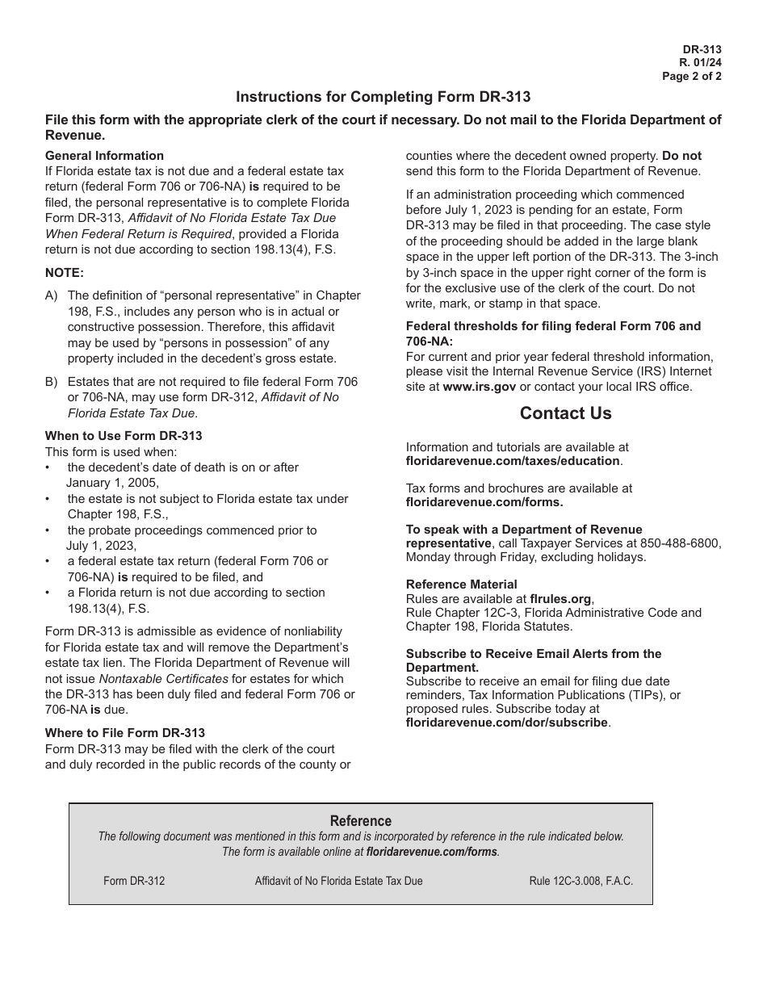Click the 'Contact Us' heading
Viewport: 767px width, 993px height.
click(565, 413)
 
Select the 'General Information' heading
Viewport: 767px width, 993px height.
click(104, 156)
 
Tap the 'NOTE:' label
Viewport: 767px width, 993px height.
click(65, 273)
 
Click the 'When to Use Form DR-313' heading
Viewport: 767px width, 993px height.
click(124, 436)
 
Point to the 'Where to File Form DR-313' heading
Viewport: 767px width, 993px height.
click(125, 733)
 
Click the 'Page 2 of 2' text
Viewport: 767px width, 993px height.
click(691, 78)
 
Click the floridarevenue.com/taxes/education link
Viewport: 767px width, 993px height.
click(513, 461)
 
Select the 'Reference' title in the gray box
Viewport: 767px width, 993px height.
click(361, 821)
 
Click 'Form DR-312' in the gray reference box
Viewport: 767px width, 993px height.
click(134, 881)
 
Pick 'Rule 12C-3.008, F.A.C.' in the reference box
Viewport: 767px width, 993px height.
click(580, 881)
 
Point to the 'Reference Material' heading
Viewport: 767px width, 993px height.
click(461, 584)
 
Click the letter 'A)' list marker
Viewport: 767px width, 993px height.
click(52, 296)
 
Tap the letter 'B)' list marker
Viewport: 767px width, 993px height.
click(52, 382)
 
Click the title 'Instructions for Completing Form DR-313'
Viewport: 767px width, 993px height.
click(383, 97)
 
